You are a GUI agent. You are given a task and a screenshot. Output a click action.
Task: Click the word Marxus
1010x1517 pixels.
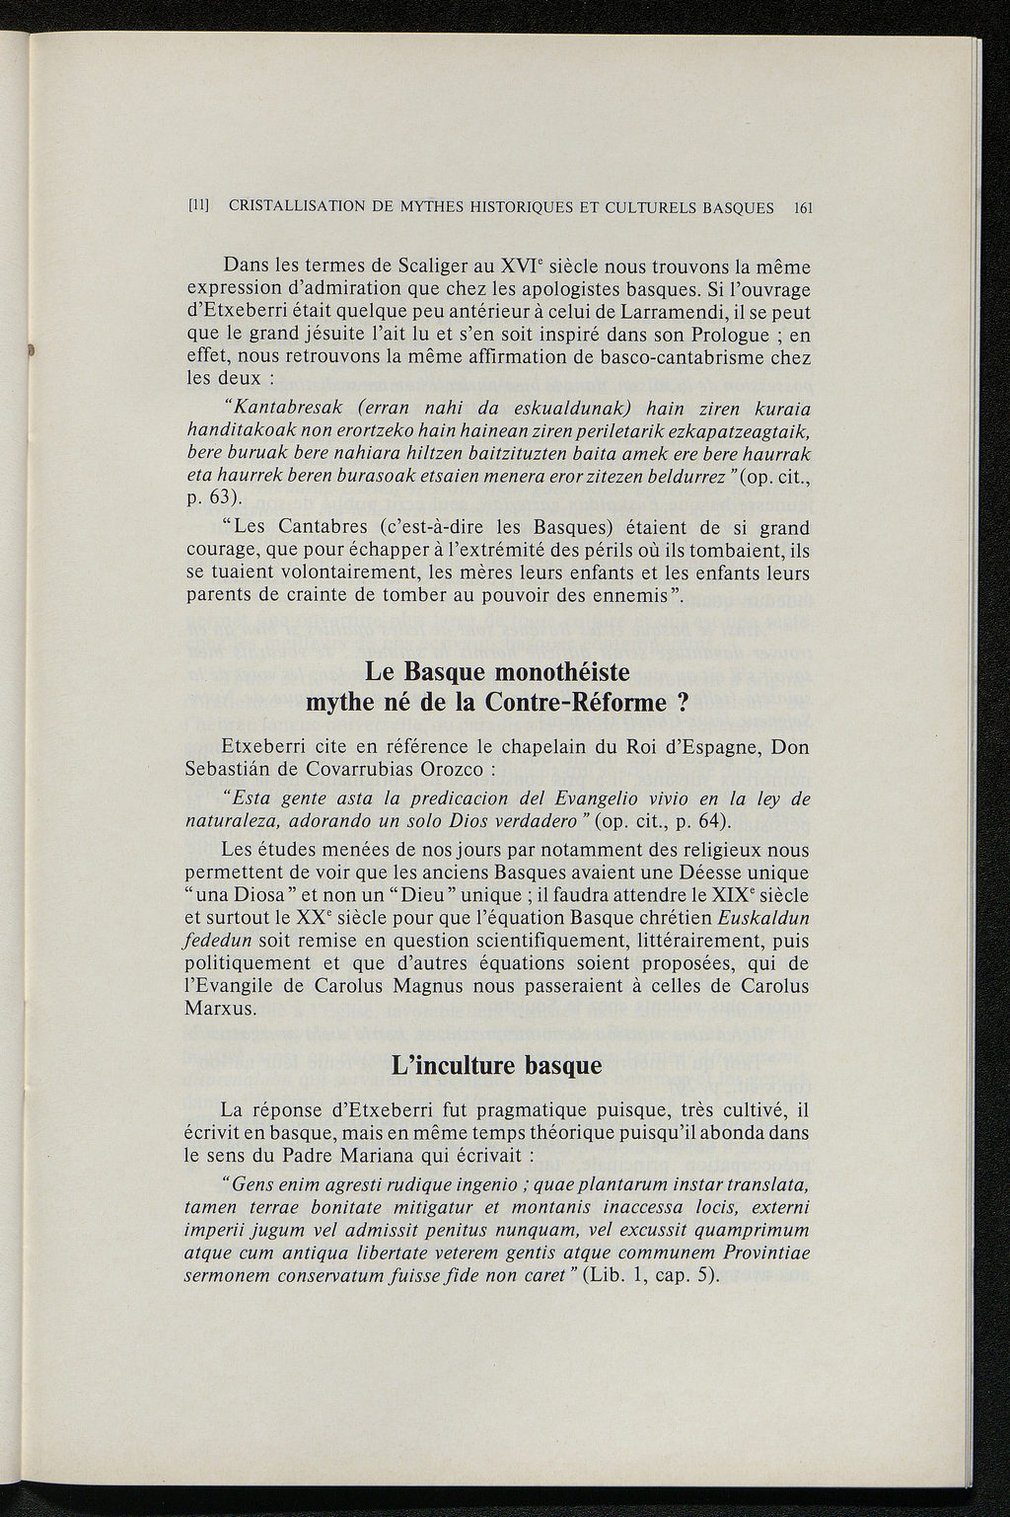[221, 1009]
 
